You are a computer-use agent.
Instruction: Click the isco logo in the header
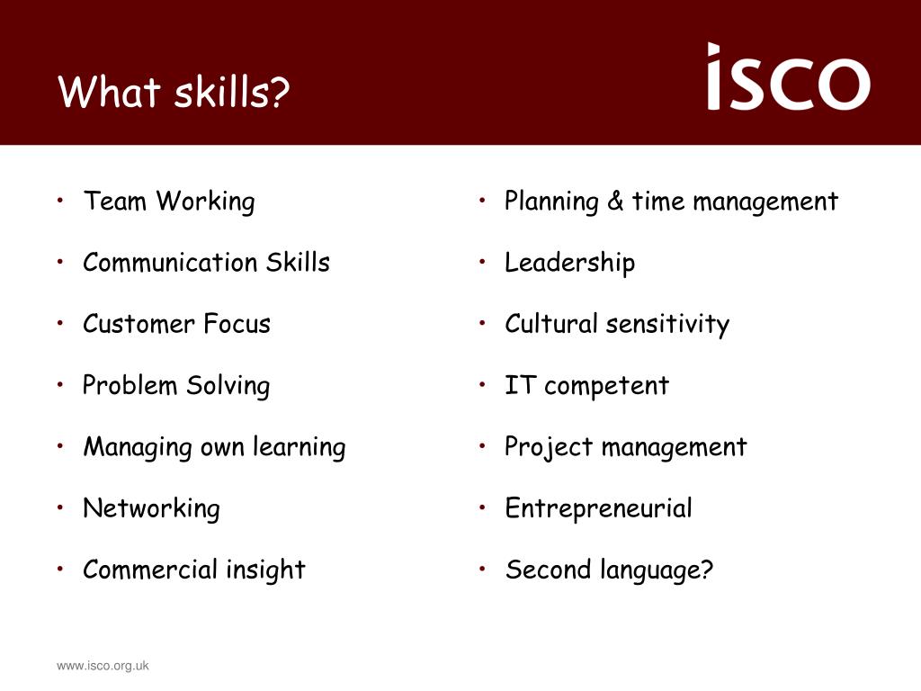click(x=788, y=76)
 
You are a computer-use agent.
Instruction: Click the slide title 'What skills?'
click(x=174, y=92)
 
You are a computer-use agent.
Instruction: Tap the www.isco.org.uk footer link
click(x=103, y=666)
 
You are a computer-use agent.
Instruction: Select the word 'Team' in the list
click(x=114, y=201)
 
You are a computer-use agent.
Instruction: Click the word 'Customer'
click(x=139, y=324)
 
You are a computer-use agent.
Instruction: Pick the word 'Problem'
click(x=130, y=385)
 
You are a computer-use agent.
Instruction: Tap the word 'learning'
click(x=300, y=448)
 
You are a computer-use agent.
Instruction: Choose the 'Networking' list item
click(x=151, y=509)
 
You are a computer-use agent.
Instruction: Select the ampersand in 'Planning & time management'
click(x=615, y=201)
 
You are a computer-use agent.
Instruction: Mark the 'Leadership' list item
click(x=569, y=264)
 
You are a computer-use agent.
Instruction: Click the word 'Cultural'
click(x=551, y=324)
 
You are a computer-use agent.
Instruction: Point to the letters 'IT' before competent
click(x=521, y=385)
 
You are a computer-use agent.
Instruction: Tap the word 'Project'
click(x=549, y=448)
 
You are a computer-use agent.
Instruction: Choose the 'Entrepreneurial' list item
click(x=598, y=509)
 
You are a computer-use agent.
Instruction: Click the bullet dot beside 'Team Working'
click(x=60, y=201)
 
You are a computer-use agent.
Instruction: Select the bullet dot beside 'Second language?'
click(x=482, y=569)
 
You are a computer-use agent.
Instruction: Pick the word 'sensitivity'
click(x=668, y=325)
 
